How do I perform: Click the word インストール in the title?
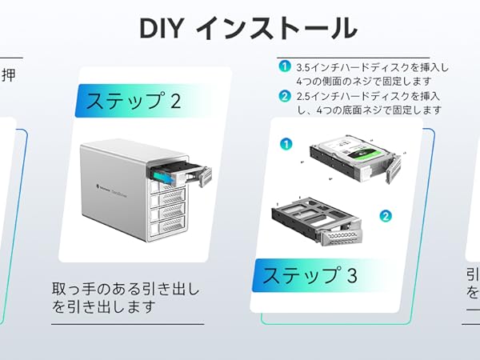point(277,28)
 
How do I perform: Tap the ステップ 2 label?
point(133,102)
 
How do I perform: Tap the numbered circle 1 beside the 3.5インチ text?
point(285,68)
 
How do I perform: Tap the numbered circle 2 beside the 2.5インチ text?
point(285,98)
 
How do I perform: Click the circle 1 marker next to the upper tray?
point(286,144)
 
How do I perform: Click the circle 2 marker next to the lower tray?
point(385,215)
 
